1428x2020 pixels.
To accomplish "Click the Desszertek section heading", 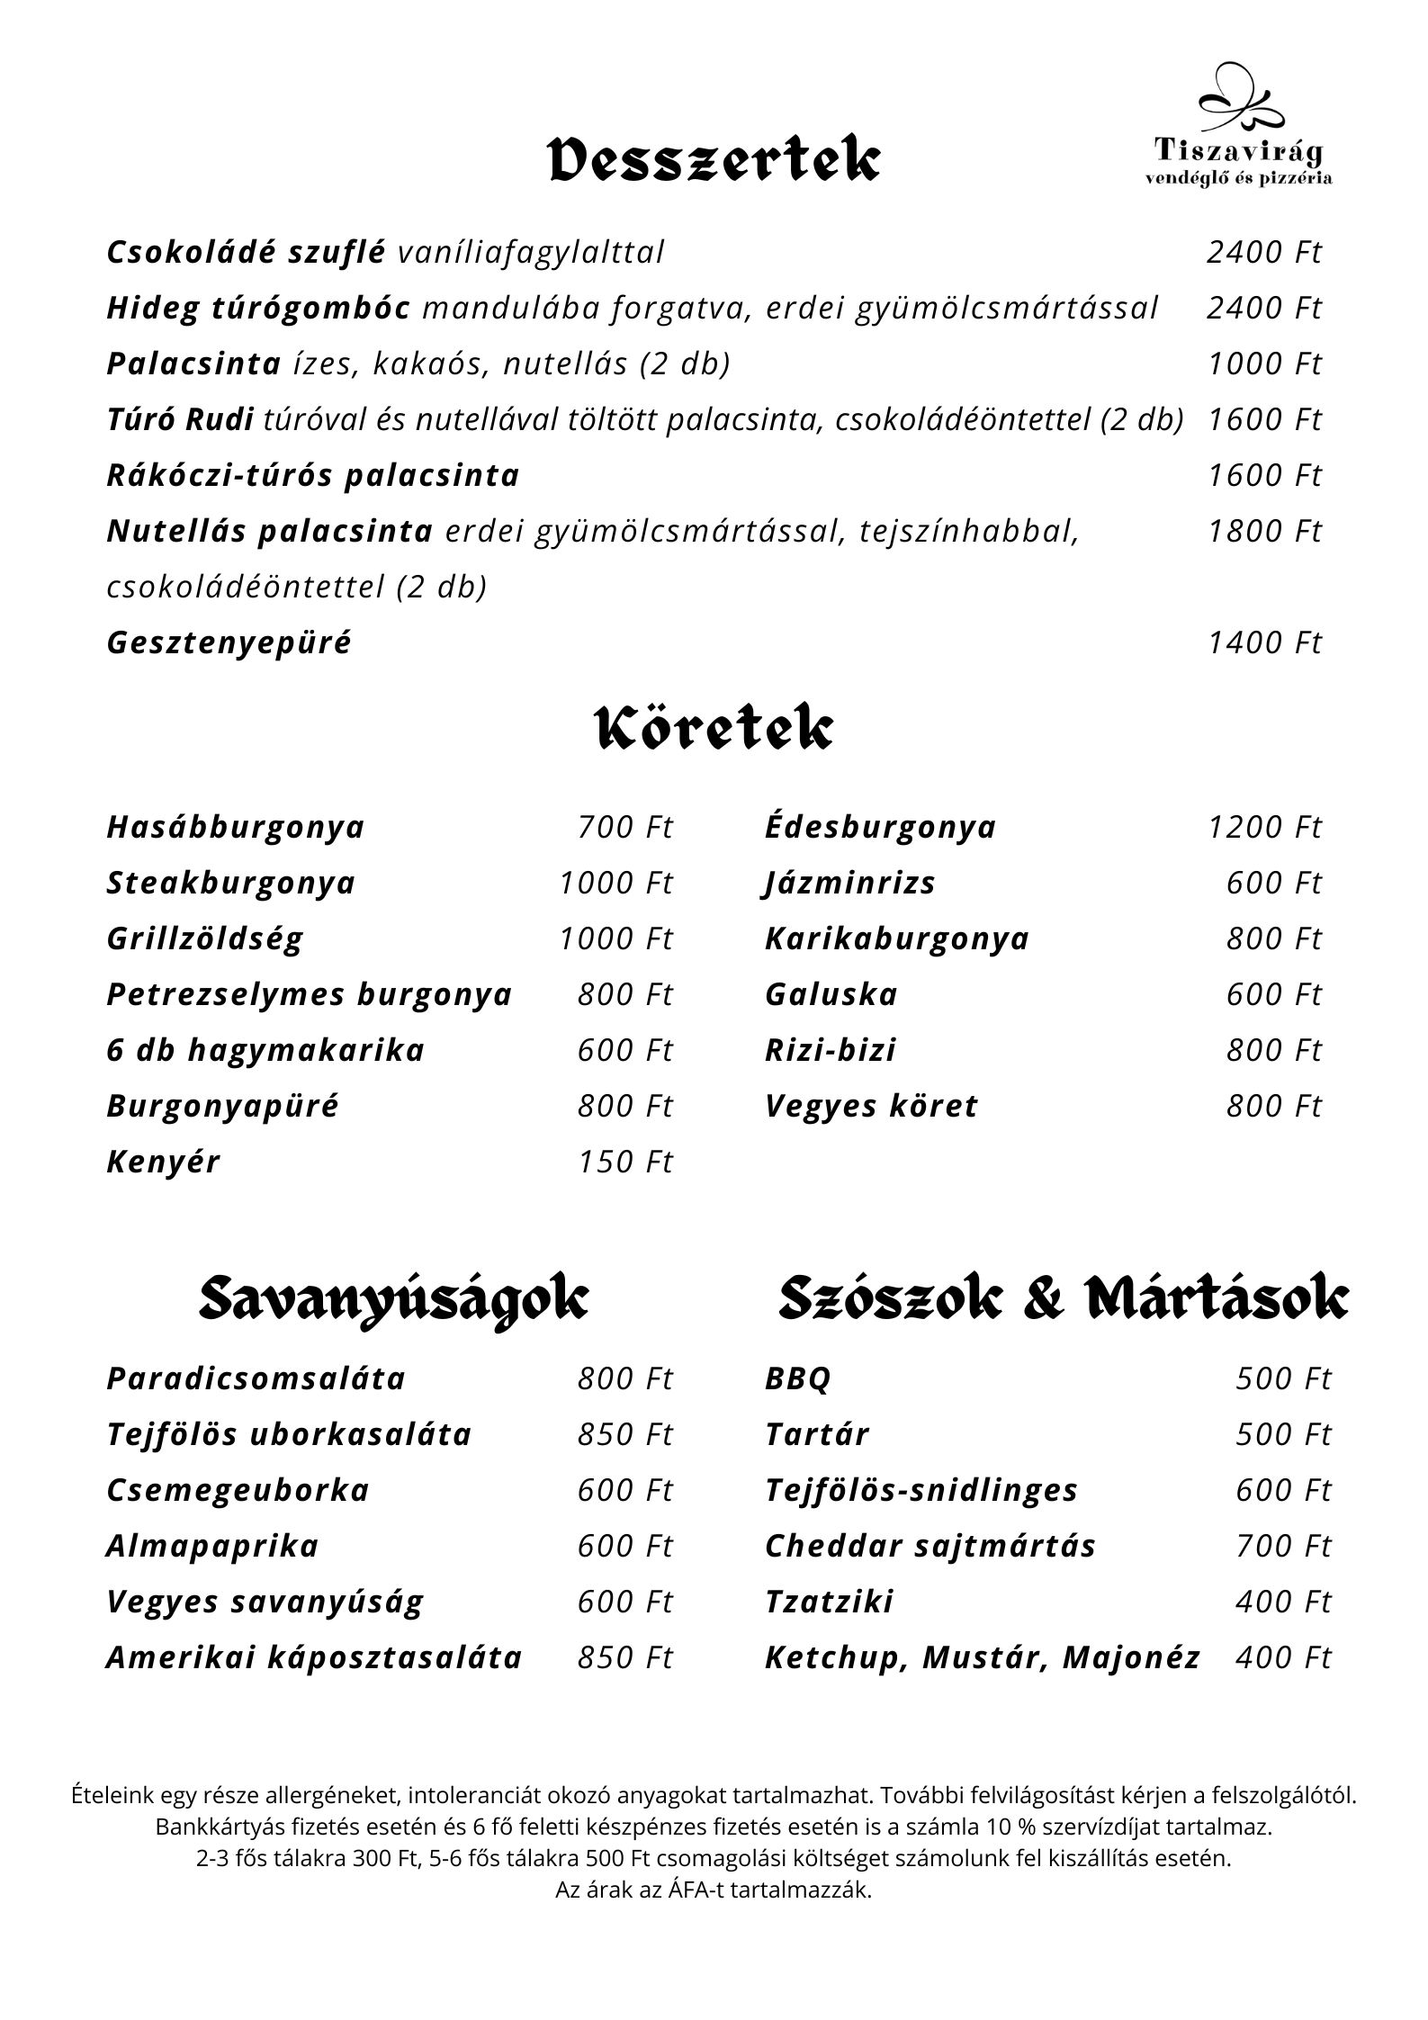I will coord(714,160).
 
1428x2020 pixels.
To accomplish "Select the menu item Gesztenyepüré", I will coord(229,642).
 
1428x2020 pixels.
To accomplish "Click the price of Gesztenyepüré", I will coord(1264,642).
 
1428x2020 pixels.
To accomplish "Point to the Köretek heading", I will coord(714,729).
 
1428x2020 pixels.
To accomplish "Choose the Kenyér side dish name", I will coord(163,1162).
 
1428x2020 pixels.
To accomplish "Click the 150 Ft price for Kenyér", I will coord(624,1162).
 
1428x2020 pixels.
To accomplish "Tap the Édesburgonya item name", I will coord(881,827).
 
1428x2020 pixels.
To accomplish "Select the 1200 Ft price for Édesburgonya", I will coord(1264,827).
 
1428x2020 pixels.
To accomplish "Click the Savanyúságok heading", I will coord(393,1299).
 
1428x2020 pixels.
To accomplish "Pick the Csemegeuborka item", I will coord(238,1489).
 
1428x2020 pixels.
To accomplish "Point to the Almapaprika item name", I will coord(213,1545).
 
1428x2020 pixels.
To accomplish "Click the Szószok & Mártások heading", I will coord(1064,1299).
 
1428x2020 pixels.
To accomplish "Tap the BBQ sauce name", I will coord(798,1378).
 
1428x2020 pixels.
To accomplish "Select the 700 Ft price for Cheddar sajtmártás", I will coord(1282,1545).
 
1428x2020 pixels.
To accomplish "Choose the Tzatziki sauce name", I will coord(830,1601).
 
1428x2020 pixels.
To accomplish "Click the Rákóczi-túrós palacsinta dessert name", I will coord(313,475).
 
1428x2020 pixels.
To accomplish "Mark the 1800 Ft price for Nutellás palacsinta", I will coord(1264,531).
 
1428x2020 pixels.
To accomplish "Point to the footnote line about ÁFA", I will coord(714,1890).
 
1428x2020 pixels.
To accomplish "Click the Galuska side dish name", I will coord(831,994).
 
